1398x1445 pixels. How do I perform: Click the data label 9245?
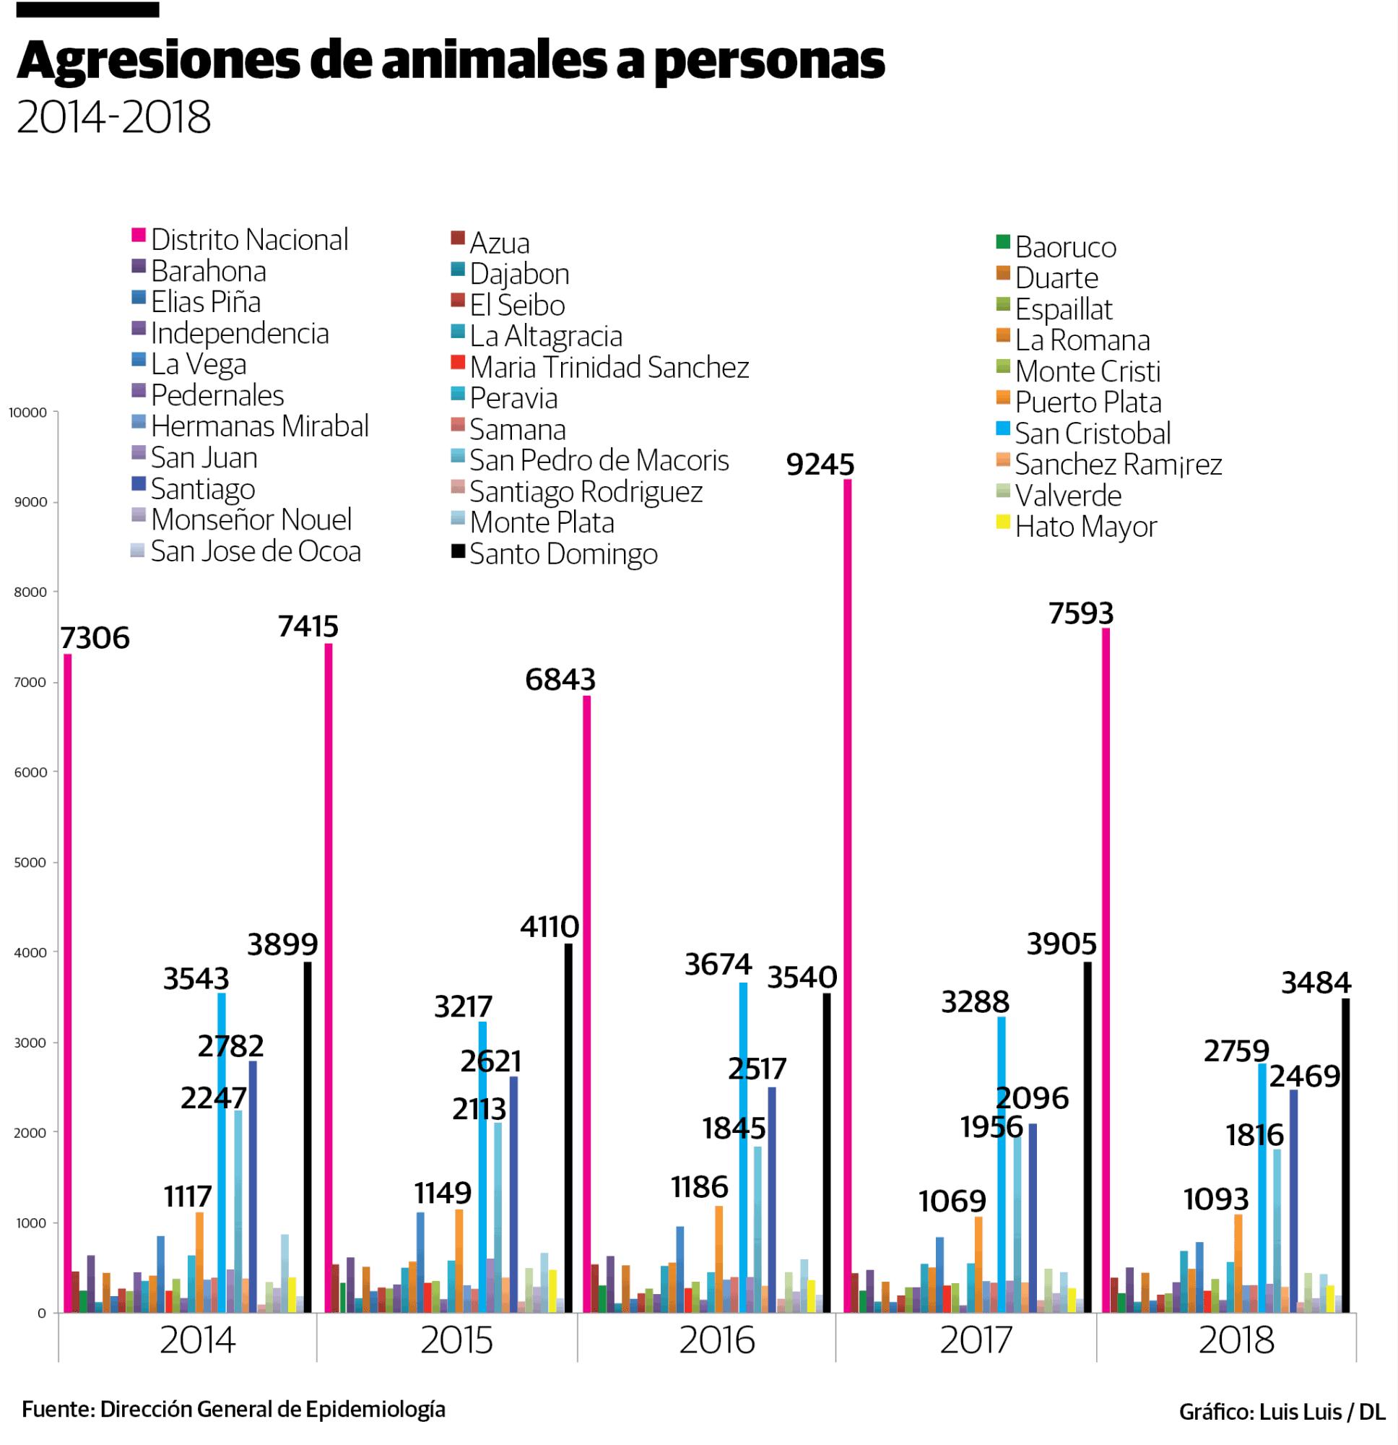tap(820, 465)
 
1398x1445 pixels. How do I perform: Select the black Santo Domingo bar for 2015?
tap(568, 1128)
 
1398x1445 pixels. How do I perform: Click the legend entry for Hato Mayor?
tap(1085, 527)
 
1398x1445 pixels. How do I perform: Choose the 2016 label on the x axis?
tap(716, 1340)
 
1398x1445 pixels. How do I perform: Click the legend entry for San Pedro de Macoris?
tap(599, 460)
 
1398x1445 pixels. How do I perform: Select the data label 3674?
tap(718, 965)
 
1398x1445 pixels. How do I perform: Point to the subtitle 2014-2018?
tap(113, 117)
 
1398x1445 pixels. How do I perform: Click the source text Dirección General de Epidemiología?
tap(273, 1409)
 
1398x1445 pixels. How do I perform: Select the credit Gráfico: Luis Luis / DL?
tap(1282, 1411)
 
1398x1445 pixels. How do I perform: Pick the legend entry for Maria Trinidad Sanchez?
tap(609, 367)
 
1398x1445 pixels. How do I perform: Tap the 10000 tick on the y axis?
tap(28, 413)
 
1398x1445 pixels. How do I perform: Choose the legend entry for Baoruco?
tap(1064, 247)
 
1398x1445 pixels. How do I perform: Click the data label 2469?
tap(1305, 1077)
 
